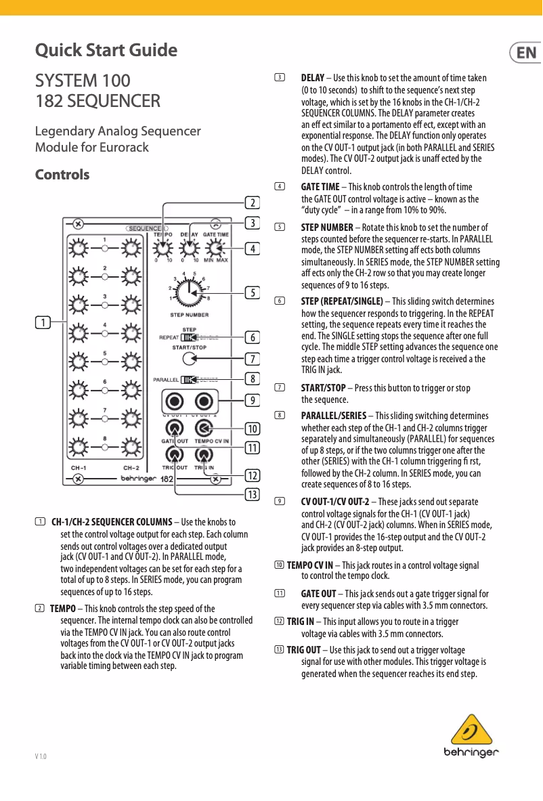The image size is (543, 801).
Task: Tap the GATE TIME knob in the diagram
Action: (x=216, y=249)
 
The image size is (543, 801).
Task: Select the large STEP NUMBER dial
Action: (x=190, y=292)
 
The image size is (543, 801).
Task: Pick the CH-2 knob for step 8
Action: (x=131, y=448)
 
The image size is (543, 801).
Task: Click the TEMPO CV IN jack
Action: (x=203, y=428)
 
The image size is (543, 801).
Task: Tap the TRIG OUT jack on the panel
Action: (x=175, y=455)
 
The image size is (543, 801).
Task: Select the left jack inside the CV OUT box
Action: (x=175, y=399)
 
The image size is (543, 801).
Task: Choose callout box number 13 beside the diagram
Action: (x=253, y=494)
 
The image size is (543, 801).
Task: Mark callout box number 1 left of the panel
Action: (x=43, y=323)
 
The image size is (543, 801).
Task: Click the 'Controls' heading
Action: (x=62, y=175)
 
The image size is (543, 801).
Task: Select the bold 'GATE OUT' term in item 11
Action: (x=318, y=594)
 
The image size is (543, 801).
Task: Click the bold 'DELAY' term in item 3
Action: (x=312, y=79)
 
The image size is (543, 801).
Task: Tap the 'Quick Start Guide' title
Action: (x=106, y=51)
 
